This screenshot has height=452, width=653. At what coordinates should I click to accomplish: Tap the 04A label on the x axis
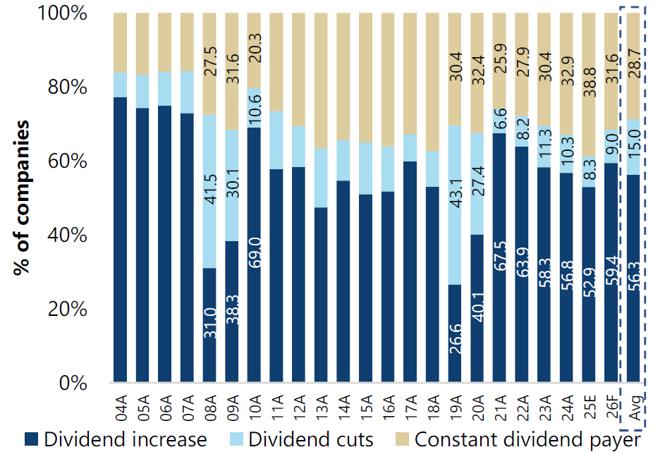point(121,408)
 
